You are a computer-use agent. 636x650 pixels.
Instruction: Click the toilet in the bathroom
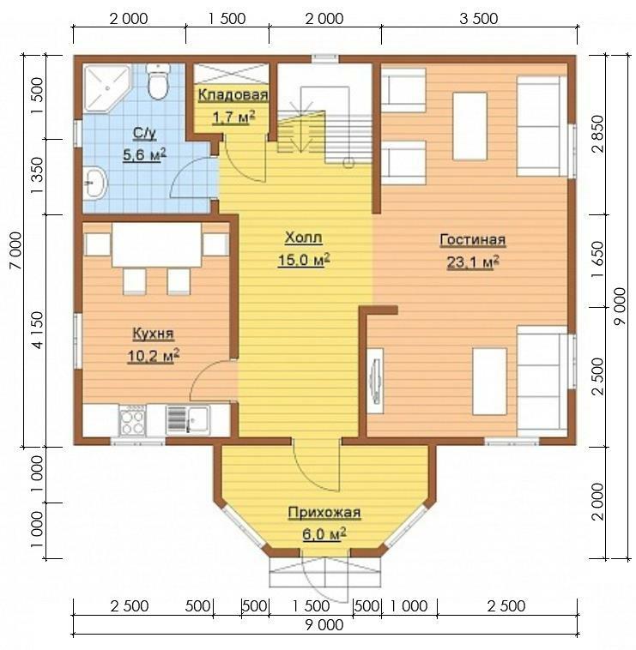[x=158, y=81]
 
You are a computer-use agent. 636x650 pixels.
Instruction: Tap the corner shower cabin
[x=106, y=87]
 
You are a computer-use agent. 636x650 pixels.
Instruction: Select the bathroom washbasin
[x=95, y=183]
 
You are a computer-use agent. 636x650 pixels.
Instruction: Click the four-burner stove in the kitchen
[x=132, y=420]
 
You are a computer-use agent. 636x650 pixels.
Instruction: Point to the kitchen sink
[x=187, y=419]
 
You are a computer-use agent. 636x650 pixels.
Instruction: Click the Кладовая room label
[x=233, y=94]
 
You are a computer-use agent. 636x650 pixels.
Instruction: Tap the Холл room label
[x=303, y=238]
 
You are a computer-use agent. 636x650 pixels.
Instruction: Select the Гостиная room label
[x=473, y=239]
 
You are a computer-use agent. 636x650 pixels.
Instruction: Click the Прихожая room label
[x=324, y=513]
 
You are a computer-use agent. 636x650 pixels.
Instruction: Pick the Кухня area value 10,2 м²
[x=154, y=356]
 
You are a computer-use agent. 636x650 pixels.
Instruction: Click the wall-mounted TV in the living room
[x=376, y=381]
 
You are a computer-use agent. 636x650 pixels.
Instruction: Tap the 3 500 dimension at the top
[x=478, y=19]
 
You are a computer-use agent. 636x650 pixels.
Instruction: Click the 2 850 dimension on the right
[x=598, y=134]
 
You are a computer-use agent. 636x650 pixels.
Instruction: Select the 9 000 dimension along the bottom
[x=324, y=625]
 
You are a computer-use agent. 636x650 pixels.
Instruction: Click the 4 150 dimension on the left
[x=37, y=330]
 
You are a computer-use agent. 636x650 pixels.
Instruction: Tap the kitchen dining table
[x=156, y=245]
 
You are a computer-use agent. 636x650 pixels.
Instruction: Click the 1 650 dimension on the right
[x=598, y=261]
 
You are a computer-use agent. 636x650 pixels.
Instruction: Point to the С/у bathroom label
[x=144, y=134]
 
